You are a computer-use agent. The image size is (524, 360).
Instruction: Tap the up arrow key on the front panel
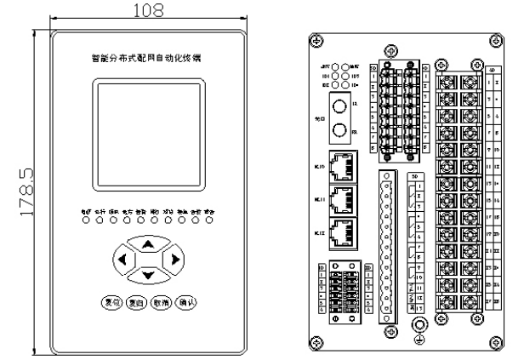tap(148, 244)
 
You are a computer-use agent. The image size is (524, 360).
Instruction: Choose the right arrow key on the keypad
tap(174, 259)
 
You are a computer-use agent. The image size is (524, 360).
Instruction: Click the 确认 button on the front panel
tap(187, 302)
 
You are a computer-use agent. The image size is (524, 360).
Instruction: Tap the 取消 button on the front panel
tap(162, 302)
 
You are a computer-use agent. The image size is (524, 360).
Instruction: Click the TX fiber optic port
tap(339, 109)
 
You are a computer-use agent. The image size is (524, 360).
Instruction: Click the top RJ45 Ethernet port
tap(343, 166)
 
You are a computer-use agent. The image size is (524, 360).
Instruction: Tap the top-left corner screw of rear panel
tap(316, 40)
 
